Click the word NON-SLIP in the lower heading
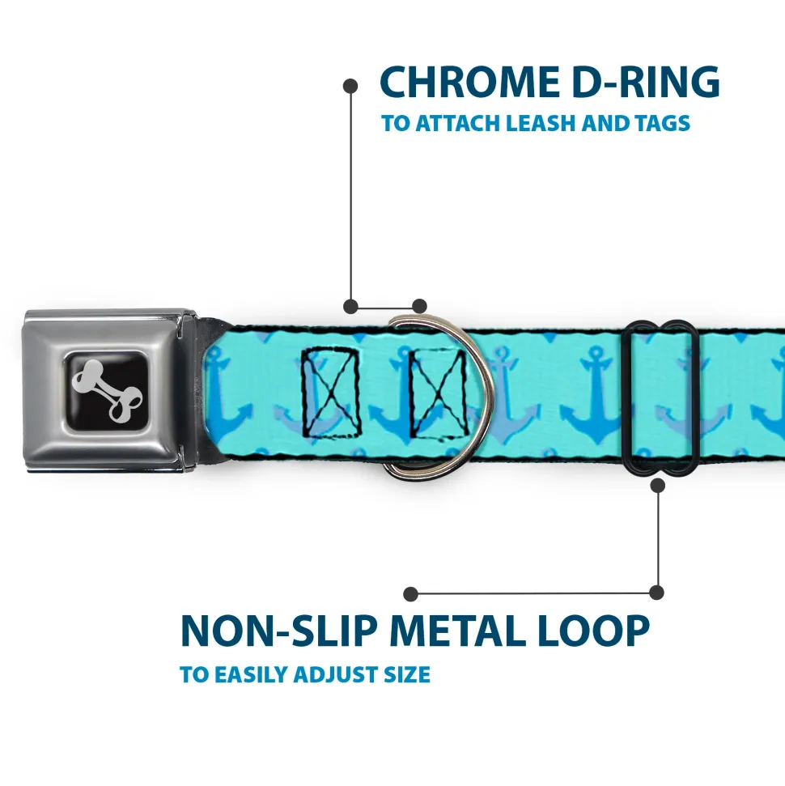[278, 631]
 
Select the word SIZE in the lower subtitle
[407, 674]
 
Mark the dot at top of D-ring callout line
[350, 84]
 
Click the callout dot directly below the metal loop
[657, 485]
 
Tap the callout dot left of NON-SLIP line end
[411, 593]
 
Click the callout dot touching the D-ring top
[419, 306]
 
